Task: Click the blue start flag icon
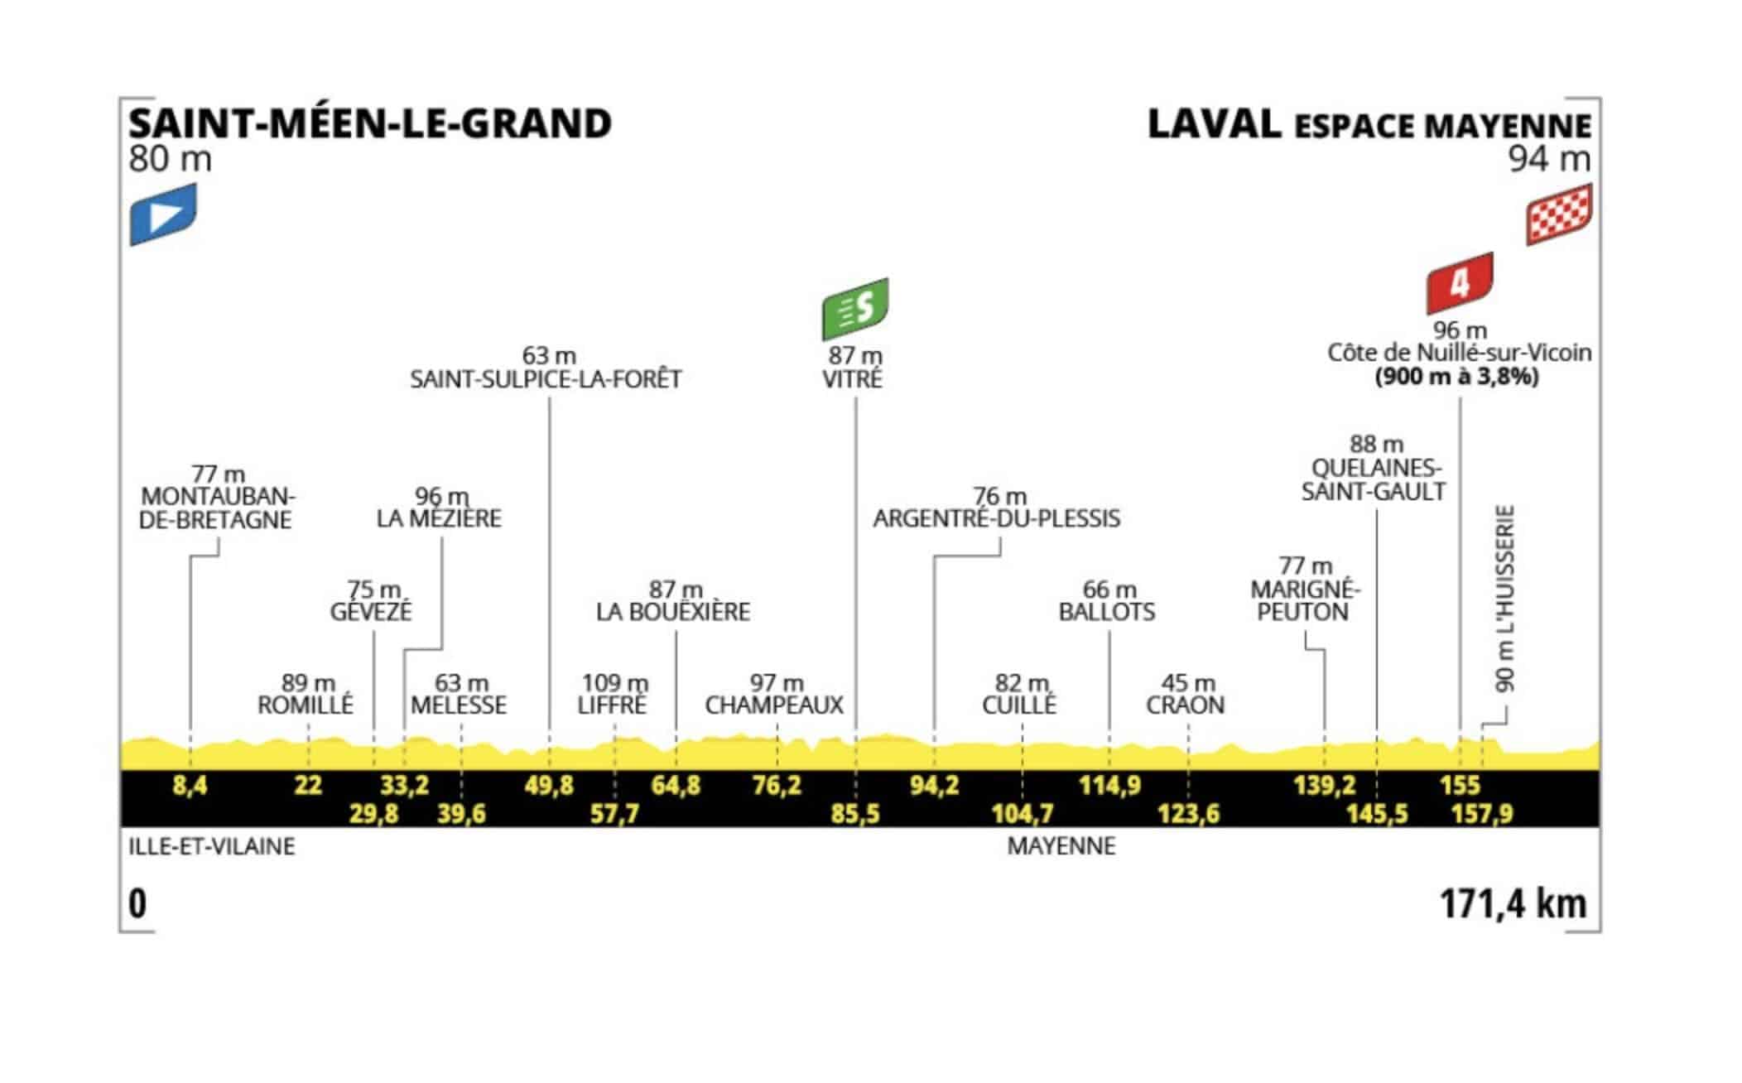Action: tap(163, 214)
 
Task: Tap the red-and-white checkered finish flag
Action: tap(1559, 214)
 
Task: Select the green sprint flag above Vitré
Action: tap(854, 309)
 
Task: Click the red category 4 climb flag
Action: tap(1460, 284)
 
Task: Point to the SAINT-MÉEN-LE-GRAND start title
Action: tap(370, 123)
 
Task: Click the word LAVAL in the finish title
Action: tap(1215, 124)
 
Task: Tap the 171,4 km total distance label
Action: tap(1513, 903)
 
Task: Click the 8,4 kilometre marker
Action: tap(190, 785)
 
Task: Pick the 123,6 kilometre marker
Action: tap(1188, 814)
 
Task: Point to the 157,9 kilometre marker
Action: tap(1482, 814)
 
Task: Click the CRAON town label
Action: tap(1185, 705)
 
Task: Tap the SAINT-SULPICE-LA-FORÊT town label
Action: tap(546, 379)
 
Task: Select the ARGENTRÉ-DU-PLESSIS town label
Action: tap(997, 518)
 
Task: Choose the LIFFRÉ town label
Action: tap(612, 705)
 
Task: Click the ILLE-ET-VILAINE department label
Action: tap(212, 847)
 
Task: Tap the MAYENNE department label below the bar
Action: tap(1061, 847)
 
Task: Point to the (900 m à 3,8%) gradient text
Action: tap(1457, 378)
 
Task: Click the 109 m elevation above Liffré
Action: tap(614, 683)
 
